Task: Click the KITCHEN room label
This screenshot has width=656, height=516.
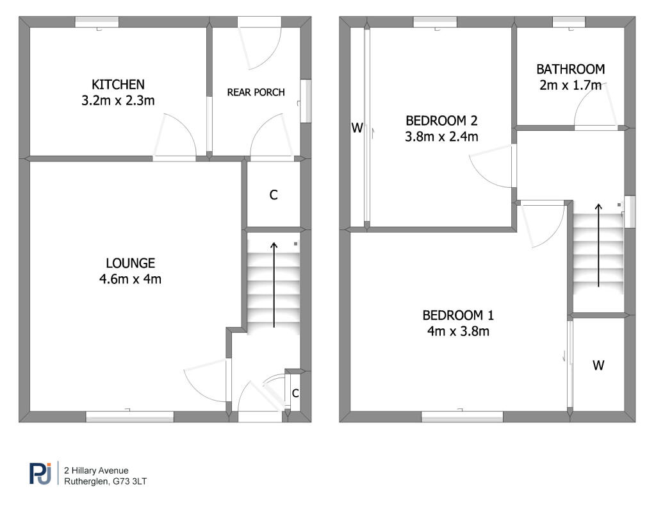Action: (118, 84)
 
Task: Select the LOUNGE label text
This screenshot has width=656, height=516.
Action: (131, 263)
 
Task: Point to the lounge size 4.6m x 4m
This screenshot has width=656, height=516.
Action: (131, 279)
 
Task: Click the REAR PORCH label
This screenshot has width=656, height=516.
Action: (256, 92)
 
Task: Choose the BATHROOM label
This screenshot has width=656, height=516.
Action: (570, 69)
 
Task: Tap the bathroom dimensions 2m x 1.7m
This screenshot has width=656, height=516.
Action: (570, 85)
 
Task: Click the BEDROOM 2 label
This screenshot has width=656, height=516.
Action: (441, 120)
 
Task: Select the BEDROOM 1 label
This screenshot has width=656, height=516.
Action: (457, 315)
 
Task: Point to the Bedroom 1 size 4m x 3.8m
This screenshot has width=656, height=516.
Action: (457, 331)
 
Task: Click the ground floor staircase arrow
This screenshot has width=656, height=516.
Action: (274, 285)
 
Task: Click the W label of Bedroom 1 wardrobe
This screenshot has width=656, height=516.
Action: (598, 365)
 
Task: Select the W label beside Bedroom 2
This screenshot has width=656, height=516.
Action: (357, 128)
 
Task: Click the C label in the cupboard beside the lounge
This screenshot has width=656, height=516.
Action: (274, 196)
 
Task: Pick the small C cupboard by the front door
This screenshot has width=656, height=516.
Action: (295, 394)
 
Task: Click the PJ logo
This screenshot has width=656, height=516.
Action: (40, 473)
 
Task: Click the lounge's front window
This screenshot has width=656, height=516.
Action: (130, 417)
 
